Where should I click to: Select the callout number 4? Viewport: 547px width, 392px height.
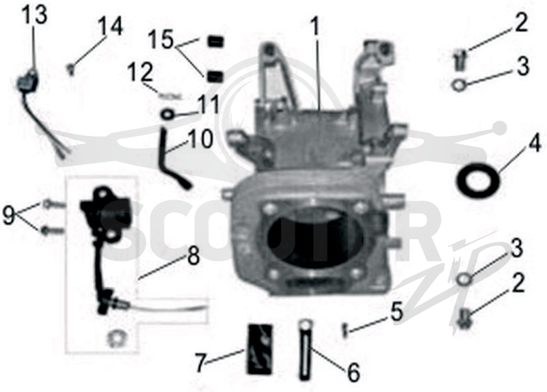(x=533, y=143)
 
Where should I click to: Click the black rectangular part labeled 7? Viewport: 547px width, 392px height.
(x=260, y=349)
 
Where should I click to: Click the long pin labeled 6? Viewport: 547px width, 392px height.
(x=304, y=350)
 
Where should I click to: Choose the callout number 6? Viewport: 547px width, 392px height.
(x=353, y=372)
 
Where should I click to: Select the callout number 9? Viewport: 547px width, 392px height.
(x=9, y=215)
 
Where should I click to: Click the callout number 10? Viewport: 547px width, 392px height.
(x=200, y=139)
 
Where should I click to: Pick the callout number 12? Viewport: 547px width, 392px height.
(x=140, y=72)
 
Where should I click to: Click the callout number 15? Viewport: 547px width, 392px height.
(x=161, y=40)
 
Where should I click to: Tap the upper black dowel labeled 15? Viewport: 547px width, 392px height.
(x=215, y=42)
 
